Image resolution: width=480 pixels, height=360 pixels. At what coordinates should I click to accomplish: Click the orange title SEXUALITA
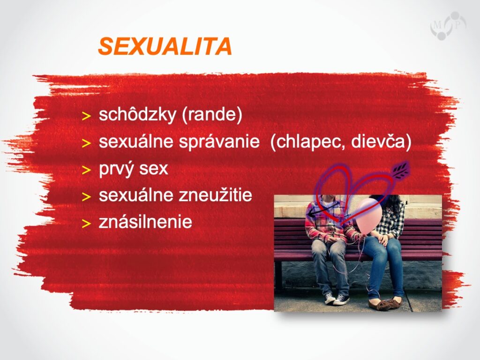(x=165, y=46)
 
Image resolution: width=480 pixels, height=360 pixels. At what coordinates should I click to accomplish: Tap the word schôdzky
(x=137, y=114)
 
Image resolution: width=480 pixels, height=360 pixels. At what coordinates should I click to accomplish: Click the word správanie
(x=219, y=142)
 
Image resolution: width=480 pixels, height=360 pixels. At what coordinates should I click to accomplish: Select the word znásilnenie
(x=145, y=222)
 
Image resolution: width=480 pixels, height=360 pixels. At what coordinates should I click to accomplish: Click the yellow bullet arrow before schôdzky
(x=86, y=116)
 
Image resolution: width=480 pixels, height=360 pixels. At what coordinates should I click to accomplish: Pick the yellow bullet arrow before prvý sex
(x=86, y=170)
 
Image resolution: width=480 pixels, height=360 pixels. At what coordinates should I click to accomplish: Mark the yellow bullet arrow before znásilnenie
(x=86, y=224)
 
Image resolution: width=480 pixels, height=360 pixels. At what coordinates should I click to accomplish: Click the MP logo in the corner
(x=448, y=26)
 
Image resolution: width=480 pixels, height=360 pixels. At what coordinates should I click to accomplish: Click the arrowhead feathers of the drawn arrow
(x=401, y=169)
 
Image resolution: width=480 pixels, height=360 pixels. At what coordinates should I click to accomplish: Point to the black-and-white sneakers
(x=337, y=298)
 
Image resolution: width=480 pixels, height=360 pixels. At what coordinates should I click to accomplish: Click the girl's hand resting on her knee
(x=383, y=239)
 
